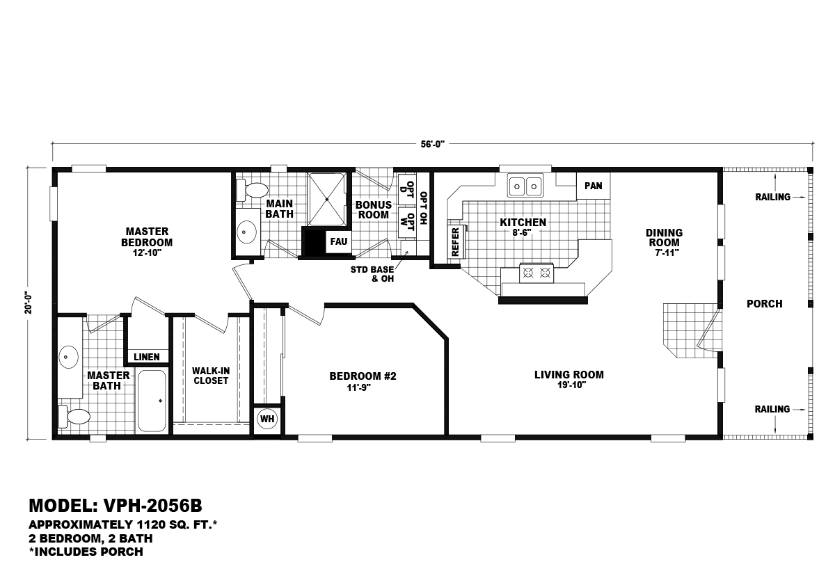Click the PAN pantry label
tap(594, 186)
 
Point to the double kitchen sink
tap(525, 186)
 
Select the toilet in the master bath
tap(75, 417)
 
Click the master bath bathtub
tap(152, 401)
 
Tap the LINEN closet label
tap(147, 357)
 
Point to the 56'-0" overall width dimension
tap(432, 144)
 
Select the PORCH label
tap(764, 304)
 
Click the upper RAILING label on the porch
tap(772, 197)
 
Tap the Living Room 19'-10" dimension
tap(568, 385)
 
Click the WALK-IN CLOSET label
tap(211, 376)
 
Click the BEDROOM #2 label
tap(363, 376)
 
